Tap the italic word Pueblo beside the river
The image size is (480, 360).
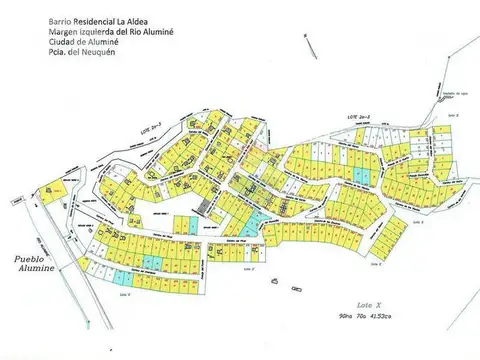click(27, 259)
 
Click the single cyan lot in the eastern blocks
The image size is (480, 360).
click(366, 177)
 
